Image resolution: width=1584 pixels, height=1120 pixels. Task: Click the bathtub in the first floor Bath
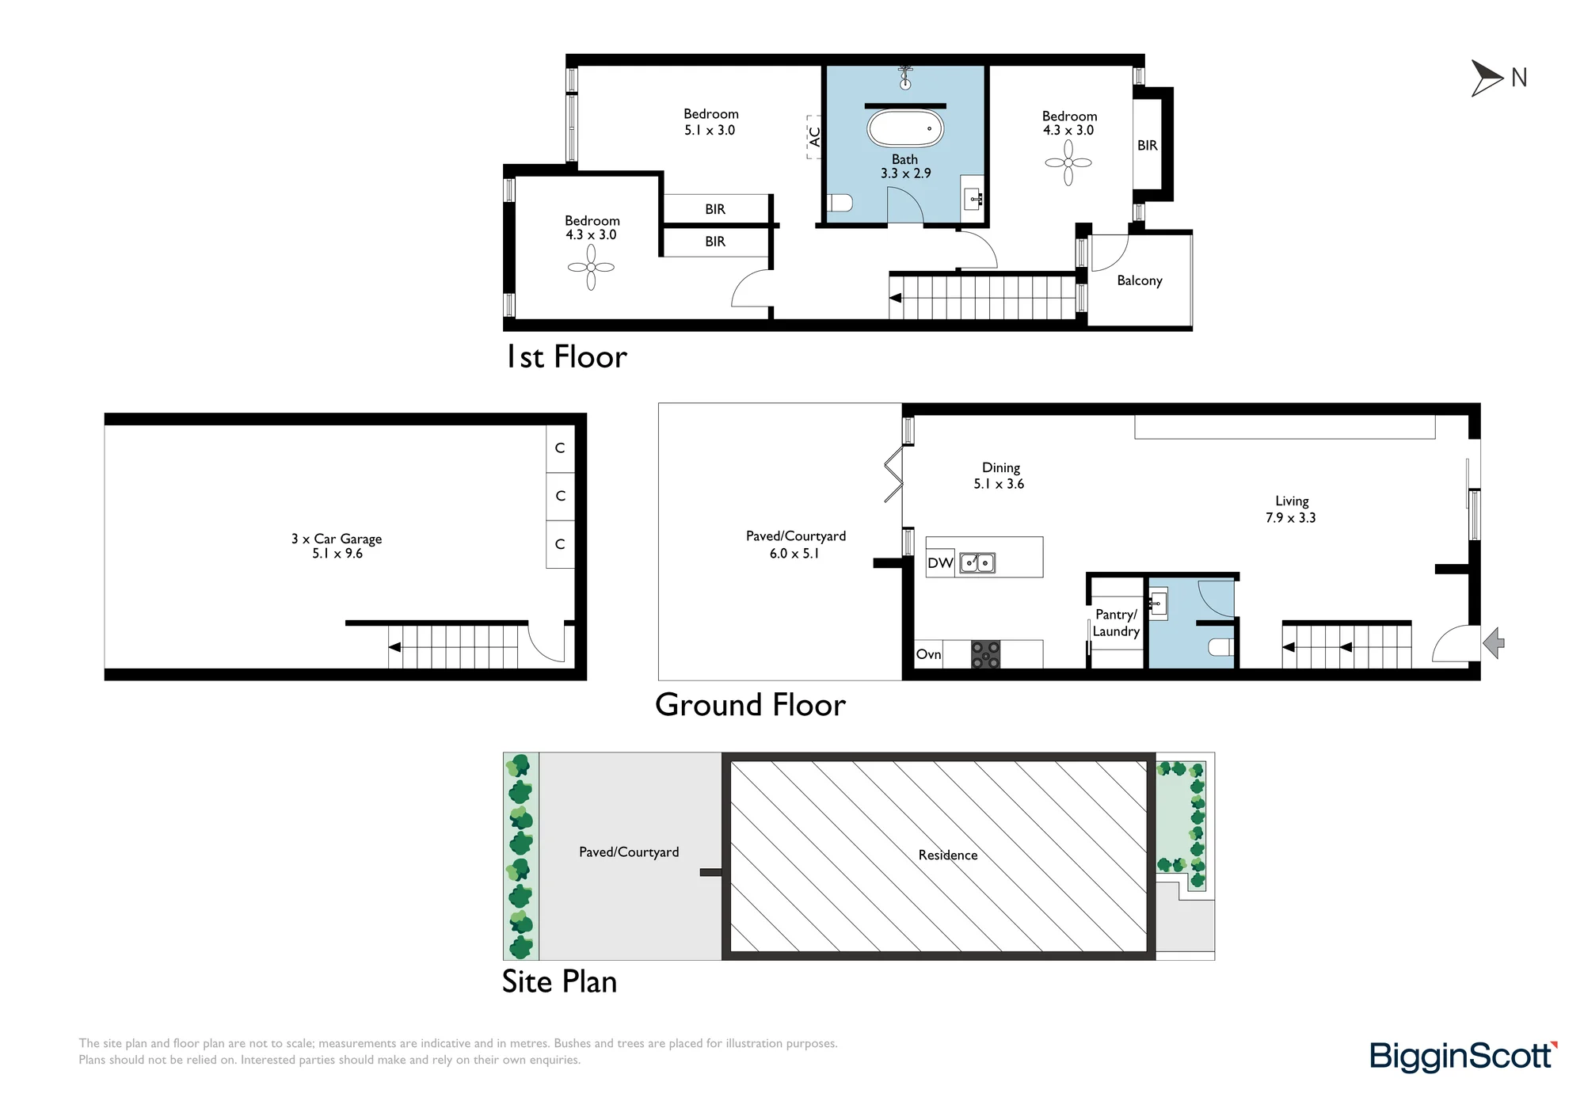click(905, 128)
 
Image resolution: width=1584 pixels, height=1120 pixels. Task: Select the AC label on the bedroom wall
click(814, 137)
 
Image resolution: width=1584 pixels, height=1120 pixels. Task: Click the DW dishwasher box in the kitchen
click(940, 563)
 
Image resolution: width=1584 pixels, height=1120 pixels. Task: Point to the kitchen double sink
click(977, 563)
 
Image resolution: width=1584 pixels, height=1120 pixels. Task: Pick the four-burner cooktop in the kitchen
click(985, 655)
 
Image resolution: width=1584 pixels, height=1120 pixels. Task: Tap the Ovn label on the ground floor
click(928, 654)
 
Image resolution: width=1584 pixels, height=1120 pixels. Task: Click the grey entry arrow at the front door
click(1494, 642)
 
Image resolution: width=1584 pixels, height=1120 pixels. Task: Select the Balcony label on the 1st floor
click(1140, 280)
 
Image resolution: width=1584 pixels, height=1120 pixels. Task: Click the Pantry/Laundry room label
click(1116, 623)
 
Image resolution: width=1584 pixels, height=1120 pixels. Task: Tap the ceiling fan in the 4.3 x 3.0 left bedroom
click(591, 267)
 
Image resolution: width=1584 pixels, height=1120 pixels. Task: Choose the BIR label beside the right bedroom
click(1148, 146)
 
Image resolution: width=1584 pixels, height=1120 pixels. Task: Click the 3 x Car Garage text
click(337, 539)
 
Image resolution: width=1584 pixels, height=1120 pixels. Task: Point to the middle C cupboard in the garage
click(560, 496)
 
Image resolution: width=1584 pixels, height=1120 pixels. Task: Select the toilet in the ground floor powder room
click(1220, 647)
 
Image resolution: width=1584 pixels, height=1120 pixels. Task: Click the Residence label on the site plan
click(948, 855)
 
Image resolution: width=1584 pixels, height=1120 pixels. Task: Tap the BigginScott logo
click(1464, 1057)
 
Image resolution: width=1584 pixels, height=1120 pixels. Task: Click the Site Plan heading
click(559, 982)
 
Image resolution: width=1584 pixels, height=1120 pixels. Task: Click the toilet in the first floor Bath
click(840, 204)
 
